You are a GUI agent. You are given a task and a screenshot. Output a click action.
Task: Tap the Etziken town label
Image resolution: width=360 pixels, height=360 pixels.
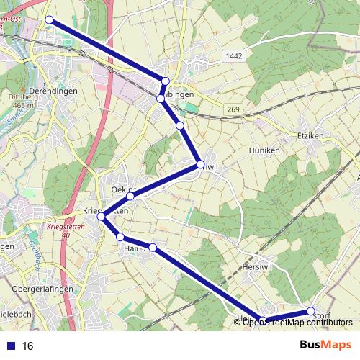tap(311, 135)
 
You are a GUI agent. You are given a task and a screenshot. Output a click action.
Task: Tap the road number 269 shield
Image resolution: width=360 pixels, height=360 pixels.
tap(231, 109)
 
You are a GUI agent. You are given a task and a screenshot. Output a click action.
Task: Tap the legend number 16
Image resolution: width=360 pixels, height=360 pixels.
tap(29, 346)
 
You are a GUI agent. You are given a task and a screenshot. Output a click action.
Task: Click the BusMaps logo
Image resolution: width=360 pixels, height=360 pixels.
tap(322, 345)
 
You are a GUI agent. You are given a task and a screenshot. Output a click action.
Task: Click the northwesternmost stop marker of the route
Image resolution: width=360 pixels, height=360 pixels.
tap(49, 20)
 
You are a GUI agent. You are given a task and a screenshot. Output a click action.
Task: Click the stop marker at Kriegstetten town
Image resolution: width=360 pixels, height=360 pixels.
tap(102, 216)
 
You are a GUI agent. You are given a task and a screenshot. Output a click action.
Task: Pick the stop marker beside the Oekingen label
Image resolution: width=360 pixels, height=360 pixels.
tap(130, 196)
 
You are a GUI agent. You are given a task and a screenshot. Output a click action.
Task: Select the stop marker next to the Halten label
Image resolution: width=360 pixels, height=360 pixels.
tap(121, 238)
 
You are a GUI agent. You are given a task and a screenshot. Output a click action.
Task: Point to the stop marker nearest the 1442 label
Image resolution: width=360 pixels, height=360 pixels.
tap(166, 81)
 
